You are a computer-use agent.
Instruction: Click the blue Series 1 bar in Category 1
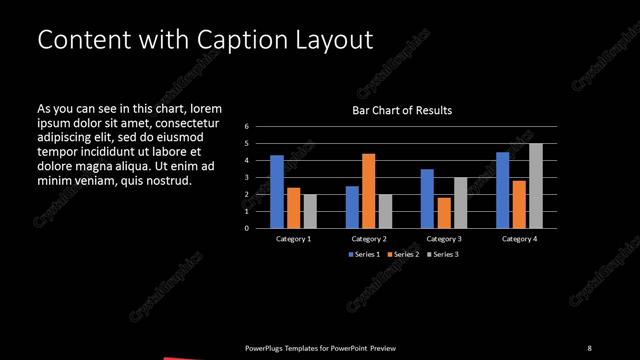277,191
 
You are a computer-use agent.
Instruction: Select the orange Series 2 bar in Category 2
368,190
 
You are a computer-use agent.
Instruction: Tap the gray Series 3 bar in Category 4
536,185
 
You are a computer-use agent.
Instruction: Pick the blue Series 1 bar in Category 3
427,198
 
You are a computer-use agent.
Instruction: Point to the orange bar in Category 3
443,212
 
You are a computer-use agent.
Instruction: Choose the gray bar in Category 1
310,211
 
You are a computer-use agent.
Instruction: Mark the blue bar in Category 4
502,190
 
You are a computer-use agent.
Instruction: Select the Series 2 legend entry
402,255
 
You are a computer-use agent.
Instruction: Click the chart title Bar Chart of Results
402,110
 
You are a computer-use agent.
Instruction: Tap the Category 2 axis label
369,239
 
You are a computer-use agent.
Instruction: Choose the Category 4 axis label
519,239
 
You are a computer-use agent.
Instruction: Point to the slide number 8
589,347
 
